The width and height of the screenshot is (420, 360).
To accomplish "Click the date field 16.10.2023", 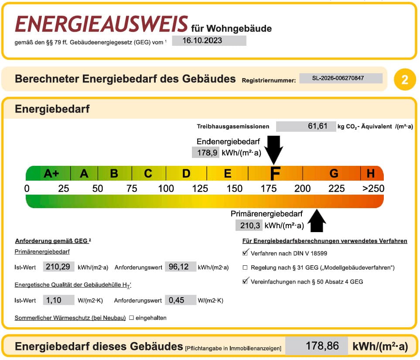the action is coord(209,41).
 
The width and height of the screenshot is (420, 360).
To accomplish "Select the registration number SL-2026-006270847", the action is coord(341,78).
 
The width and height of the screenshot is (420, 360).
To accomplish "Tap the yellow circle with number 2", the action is coord(405,80).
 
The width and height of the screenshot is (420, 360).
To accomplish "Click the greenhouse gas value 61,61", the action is coord(306,126).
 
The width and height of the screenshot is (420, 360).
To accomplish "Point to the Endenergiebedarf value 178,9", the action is coord(205,153).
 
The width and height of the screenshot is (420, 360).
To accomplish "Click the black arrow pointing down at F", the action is coord(273,150).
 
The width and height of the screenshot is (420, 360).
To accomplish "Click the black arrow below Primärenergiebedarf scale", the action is coord(317,221).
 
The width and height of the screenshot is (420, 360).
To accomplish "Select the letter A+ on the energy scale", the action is coord(51,173).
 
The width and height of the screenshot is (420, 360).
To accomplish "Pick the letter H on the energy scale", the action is coord(370,174).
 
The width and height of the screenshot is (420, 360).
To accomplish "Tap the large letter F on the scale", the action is coord(275,173).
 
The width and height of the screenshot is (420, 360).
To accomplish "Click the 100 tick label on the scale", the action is coord(166,189).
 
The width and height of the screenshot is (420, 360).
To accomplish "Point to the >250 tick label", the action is coord(373,189).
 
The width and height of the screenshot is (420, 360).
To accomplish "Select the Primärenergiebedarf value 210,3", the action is coord(249,225).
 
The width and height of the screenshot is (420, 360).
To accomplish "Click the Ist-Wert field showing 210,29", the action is coord(59,267).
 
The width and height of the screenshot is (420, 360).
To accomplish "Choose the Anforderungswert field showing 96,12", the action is coord(181,267).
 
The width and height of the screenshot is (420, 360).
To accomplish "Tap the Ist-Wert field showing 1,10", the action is coord(59,300).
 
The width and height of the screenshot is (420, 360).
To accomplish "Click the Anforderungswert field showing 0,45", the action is coord(181,300).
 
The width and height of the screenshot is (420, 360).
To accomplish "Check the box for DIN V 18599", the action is coord(245,253).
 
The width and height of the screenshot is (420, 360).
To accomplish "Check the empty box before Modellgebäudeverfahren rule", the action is coord(245,267).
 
